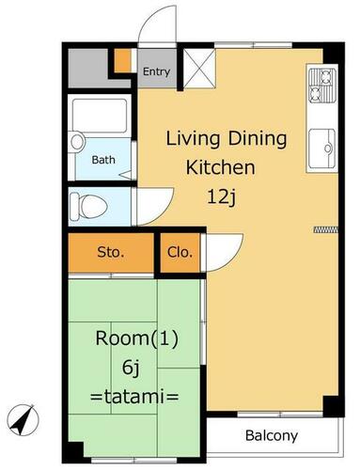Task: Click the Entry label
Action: tap(156, 71)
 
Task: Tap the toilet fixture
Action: tap(88, 206)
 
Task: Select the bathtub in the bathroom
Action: tap(100, 116)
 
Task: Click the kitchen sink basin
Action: tap(322, 149)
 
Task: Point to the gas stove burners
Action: tap(322, 86)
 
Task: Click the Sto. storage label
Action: tap(111, 252)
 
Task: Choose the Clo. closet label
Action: tap(180, 252)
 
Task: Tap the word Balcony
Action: tap(272, 436)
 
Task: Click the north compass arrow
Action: tap(23, 420)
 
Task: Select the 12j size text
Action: tap(221, 197)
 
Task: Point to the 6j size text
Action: tap(131, 368)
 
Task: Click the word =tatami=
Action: tap(134, 397)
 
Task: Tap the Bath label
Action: tap(103, 160)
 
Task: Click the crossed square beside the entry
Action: tap(199, 68)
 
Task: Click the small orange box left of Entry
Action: tap(121, 60)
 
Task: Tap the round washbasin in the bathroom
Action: tap(77, 142)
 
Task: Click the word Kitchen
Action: tap(221, 167)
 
